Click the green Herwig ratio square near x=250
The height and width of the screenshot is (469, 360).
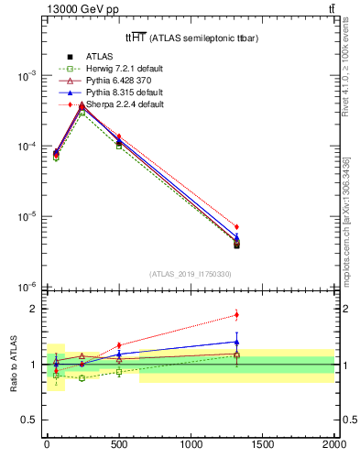click(82, 377)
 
